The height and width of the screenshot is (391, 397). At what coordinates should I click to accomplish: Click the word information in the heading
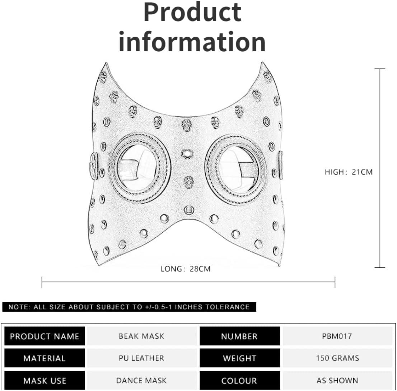[x=192, y=42]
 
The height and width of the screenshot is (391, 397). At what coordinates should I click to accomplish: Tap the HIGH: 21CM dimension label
[x=349, y=172]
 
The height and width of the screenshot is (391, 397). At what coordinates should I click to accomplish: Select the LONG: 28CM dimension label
[x=185, y=269]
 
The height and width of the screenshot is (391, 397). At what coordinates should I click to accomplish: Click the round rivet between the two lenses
[x=187, y=154]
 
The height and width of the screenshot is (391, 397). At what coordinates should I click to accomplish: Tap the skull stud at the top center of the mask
[x=186, y=125]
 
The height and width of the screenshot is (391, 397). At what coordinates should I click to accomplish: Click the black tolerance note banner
[x=129, y=307]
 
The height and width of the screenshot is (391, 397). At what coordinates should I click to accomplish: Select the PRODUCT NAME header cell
[x=45, y=336]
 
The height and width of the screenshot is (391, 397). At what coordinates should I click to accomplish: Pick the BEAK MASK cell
[x=141, y=336]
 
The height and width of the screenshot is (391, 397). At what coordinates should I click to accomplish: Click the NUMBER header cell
[x=239, y=336]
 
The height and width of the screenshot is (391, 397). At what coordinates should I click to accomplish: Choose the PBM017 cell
[x=337, y=336]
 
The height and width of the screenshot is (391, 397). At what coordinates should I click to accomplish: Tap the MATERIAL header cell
[x=45, y=358]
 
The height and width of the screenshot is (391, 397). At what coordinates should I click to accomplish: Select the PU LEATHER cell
[x=141, y=358]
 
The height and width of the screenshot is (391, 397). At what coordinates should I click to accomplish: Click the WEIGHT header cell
[x=239, y=358]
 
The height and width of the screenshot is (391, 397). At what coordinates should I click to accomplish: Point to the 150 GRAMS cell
[x=337, y=358]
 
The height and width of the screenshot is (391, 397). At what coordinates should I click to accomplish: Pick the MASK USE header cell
[x=45, y=380]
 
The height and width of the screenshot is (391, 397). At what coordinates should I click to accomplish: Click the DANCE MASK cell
[x=141, y=380]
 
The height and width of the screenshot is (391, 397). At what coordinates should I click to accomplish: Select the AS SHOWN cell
[x=337, y=380]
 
